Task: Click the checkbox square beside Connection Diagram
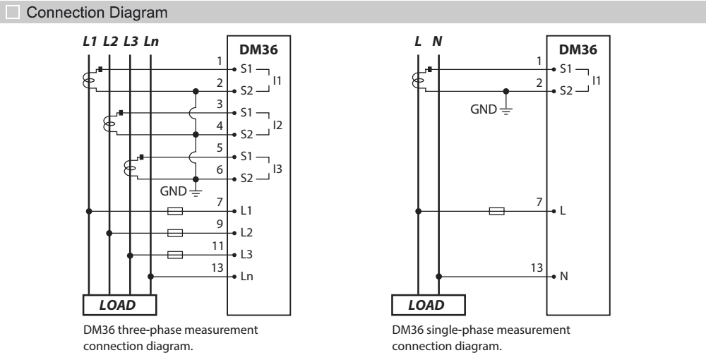click(10, 13)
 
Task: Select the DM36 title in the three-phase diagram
click(257, 50)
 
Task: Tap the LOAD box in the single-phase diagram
click(427, 305)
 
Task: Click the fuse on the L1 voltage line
click(175, 211)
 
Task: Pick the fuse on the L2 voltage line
click(175, 233)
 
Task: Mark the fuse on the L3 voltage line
click(175, 255)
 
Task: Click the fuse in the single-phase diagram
click(497, 211)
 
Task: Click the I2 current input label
click(277, 125)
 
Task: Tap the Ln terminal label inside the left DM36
click(247, 277)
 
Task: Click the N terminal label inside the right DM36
click(563, 277)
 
